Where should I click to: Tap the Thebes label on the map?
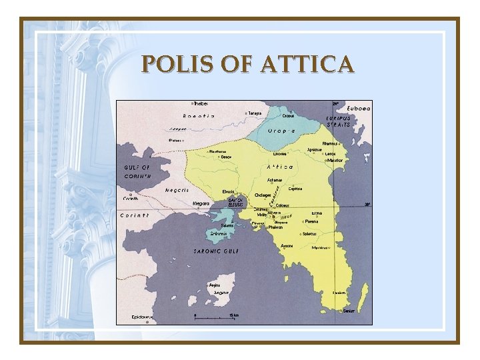click(x=201, y=103)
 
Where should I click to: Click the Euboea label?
click(x=358, y=108)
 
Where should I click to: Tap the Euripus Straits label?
click(x=339, y=122)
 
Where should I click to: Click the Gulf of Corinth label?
click(x=138, y=171)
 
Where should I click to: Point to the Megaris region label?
click(x=177, y=190)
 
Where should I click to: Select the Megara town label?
click(x=201, y=203)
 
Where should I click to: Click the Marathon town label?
click(x=335, y=160)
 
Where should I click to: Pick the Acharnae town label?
click(x=275, y=180)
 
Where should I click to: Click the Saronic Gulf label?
click(x=216, y=251)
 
